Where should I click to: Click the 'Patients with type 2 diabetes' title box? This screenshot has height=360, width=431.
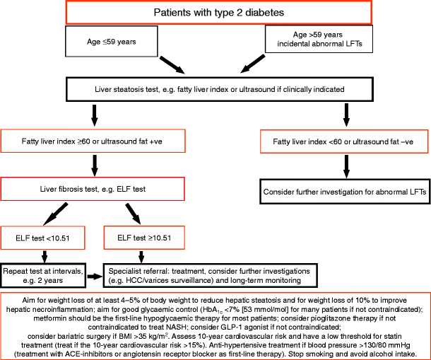click(x=215, y=13)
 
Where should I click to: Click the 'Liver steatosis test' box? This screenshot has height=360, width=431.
click(x=215, y=91)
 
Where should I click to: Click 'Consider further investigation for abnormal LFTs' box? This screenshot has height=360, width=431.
click(x=344, y=192)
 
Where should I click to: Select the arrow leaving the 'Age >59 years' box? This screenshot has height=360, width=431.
click(x=247, y=64)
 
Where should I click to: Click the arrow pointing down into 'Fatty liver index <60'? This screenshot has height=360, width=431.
click(x=344, y=115)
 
